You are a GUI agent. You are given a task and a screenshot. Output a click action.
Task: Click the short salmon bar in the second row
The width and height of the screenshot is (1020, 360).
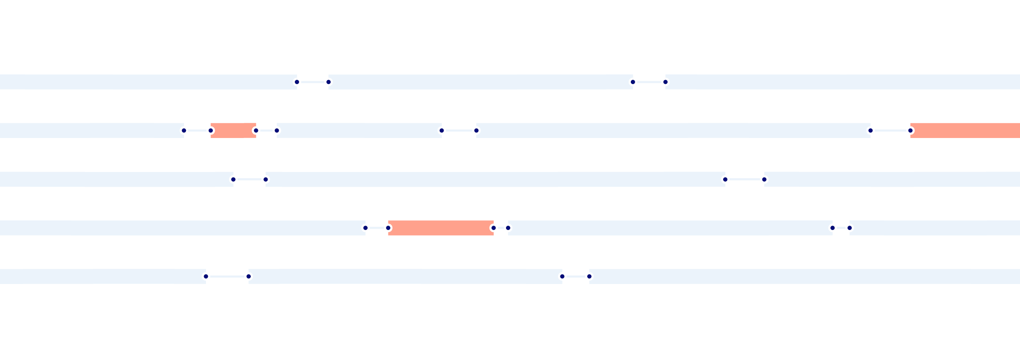point(233,130)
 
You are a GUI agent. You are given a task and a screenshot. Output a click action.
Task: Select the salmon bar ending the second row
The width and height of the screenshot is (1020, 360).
point(965,130)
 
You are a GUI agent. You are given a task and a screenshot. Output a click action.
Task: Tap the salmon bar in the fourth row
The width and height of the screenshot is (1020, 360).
point(441,228)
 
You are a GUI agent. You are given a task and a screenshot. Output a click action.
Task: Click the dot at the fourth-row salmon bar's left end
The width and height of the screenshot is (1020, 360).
point(388,228)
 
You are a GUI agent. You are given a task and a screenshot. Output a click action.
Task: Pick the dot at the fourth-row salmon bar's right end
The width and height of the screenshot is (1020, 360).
point(494,228)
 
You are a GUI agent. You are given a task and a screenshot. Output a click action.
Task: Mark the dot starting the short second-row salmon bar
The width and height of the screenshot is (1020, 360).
point(211,130)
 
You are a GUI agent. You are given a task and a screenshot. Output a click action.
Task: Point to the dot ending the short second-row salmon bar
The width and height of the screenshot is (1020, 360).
point(256,130)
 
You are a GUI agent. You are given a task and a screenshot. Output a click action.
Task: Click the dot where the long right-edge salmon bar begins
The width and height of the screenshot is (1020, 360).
point(910,130)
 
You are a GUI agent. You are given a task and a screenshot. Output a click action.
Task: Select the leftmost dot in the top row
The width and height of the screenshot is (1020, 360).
point(297,82)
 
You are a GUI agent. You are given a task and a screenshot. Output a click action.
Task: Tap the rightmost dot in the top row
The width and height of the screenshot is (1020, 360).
point(666,82)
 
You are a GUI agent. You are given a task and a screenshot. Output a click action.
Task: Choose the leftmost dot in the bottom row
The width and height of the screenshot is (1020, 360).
point(206,276)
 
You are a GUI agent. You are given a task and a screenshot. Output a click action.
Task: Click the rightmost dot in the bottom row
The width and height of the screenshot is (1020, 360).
point(589,276)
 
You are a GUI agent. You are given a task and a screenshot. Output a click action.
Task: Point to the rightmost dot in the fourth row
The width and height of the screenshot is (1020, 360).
point(850,228)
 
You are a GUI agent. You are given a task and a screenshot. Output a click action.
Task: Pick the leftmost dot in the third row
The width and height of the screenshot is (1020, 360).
point(233,179)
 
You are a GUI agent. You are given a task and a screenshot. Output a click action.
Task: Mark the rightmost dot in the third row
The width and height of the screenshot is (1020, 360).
point(764,179)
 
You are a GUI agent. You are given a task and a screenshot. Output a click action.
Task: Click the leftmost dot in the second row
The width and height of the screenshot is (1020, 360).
point(184,130)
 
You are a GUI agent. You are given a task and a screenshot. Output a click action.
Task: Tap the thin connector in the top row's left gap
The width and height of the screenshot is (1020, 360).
point(313,82)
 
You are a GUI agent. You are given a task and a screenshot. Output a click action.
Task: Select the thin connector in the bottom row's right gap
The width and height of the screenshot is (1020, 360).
point(576,276)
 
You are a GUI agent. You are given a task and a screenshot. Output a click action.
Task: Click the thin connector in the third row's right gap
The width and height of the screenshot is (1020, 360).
point(745,179)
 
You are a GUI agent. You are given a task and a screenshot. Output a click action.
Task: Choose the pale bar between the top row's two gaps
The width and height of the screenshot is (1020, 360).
point(480,82)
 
